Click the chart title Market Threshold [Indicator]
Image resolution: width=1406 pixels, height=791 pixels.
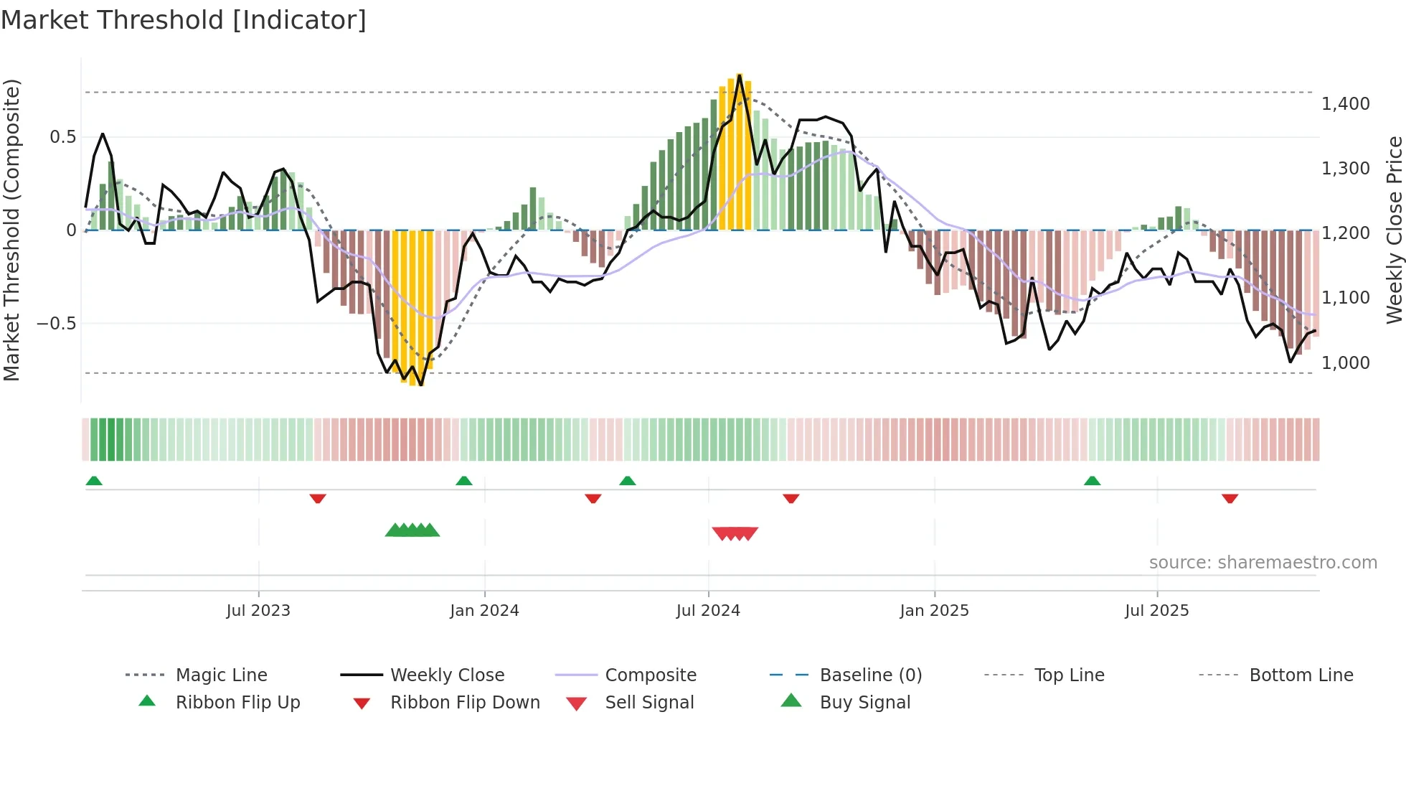point(184,20)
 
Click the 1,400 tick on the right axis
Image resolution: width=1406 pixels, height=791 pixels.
point(1345,104)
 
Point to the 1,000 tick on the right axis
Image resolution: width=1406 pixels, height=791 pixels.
point(1345,363)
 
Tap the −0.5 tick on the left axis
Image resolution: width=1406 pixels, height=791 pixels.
point(56,324)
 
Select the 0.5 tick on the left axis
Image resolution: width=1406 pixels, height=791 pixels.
point(62,137)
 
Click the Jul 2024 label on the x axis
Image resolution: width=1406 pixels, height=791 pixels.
point(707,611)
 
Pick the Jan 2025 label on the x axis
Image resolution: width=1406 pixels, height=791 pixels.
point(934,611)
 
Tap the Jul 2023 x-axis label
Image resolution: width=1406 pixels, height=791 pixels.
point(258,611)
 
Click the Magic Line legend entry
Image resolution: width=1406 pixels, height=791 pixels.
point(221,675)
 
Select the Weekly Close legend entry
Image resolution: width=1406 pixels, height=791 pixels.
point(447,675)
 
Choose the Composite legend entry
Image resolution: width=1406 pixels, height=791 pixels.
point(651,675)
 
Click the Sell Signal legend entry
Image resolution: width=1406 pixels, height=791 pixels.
point(649,703)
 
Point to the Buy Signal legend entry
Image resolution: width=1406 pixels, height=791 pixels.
point(864,703)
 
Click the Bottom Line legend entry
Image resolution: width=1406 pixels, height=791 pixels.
point(1301,675)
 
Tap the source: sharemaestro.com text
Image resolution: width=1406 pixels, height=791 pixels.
point(1263,563)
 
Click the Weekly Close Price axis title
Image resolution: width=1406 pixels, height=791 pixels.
point(1394,230)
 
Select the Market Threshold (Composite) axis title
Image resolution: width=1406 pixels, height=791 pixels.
point(11,230)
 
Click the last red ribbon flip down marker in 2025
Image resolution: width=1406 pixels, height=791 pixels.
point(1230,498)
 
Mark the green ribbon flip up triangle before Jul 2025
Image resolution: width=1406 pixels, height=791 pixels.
point(1092,481)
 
